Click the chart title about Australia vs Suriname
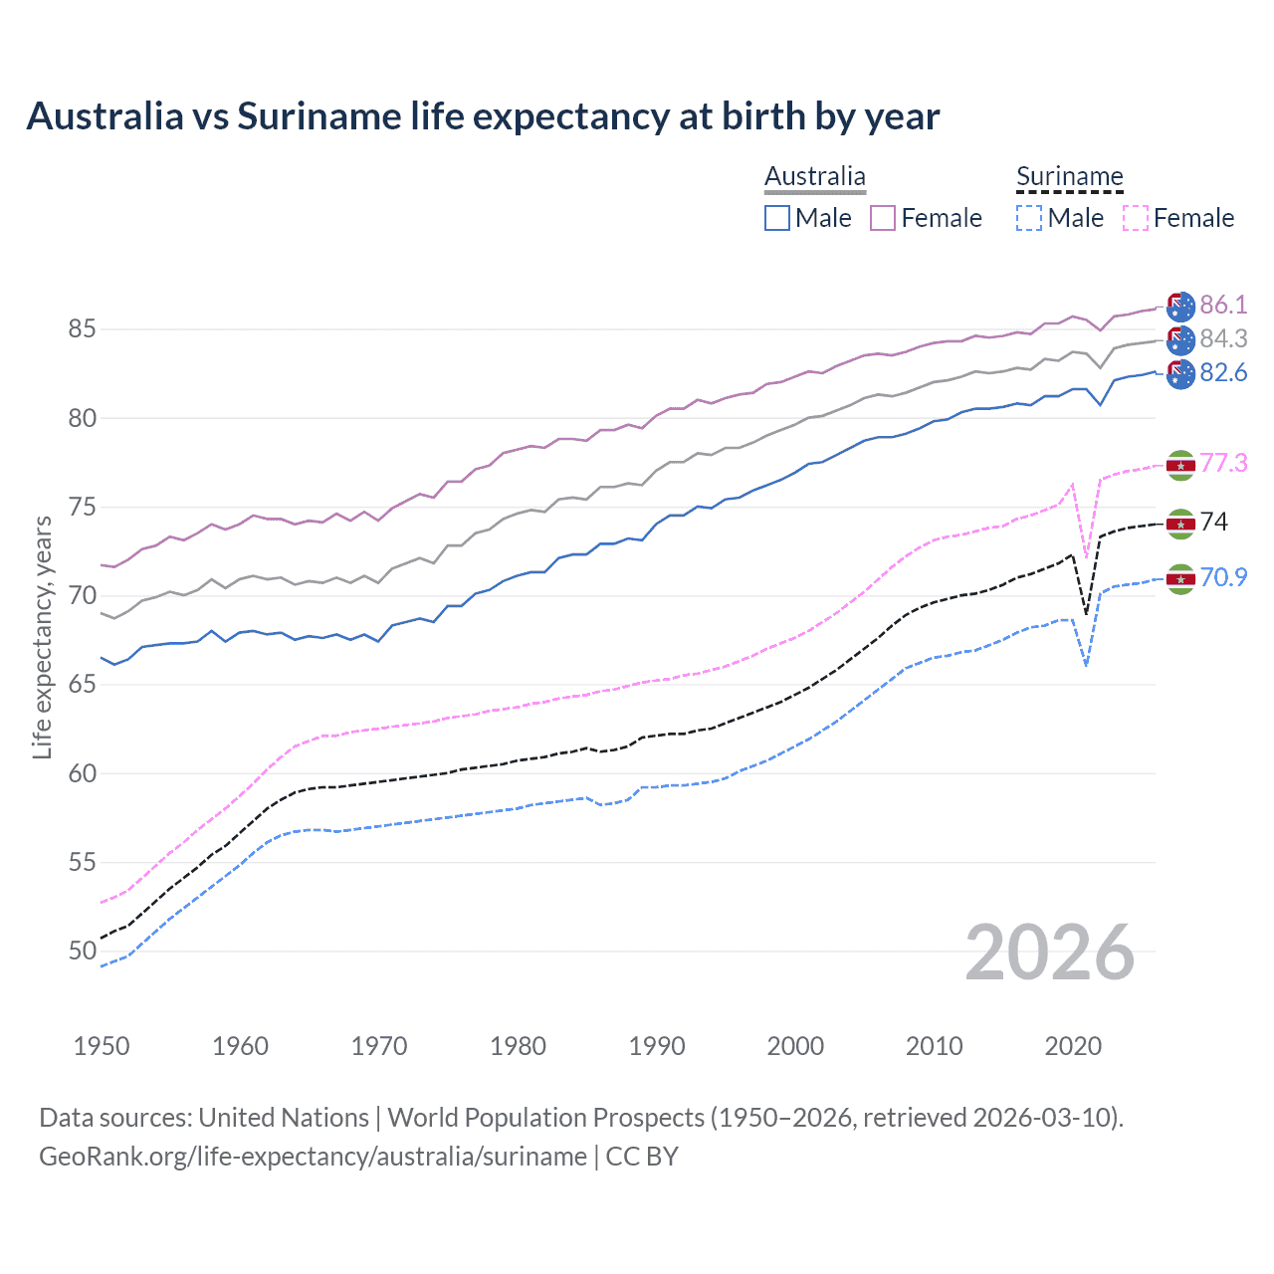[483, 116]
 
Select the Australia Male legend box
[777, 218]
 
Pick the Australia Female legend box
[883, 218]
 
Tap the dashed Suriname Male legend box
[1029, 218]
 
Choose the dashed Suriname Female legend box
[1135, 218]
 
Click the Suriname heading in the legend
[1069, 176]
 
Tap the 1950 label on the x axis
[102, 1046]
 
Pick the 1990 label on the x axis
[657, 1046]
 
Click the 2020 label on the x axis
[1073, 1046]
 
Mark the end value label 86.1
[1223, 305]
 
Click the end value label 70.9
[1223, 577]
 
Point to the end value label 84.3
[1223, 338]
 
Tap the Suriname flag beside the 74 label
[1180, 524]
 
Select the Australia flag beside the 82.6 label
[1180, 374]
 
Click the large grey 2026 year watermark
[1049, 953]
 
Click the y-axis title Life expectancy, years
[42, 637]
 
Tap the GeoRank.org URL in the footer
[313, 1157]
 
